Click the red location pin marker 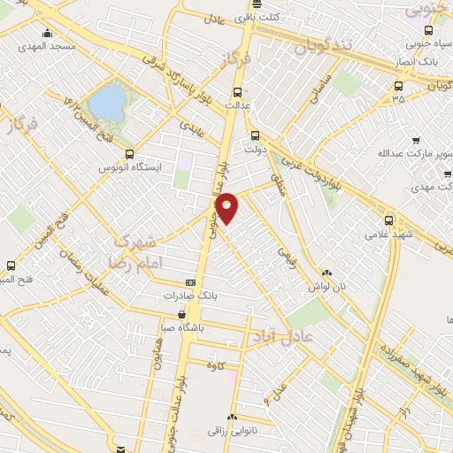click(x=227, y=207)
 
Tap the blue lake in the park click(x=106, y=101)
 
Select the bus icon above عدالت click(x=236, y=92)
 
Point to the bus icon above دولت click(x=255, y=136)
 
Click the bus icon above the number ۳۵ click(x=397, y=86)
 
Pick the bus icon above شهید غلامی click(x=388, y=221)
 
